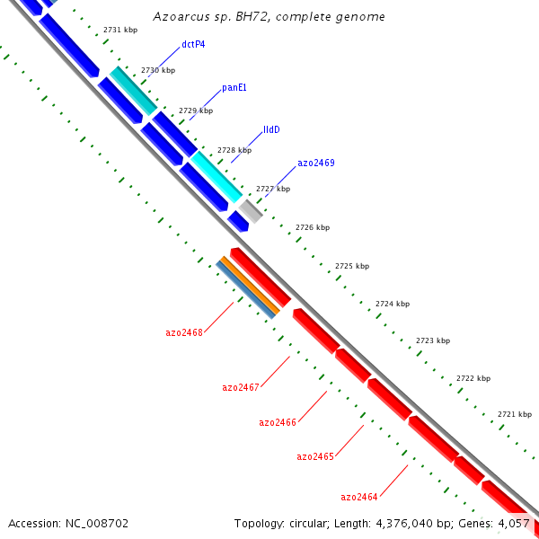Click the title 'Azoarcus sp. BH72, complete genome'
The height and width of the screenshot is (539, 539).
coord(269,17)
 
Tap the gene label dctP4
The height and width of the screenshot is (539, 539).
coord(193,44)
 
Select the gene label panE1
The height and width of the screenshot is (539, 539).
coord(234,88)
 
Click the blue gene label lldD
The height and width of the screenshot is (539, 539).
coord(271,129)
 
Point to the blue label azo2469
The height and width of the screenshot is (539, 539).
coord(315,163)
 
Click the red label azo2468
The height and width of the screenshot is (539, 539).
coord(184,332)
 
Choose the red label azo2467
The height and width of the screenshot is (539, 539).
coord(241,387)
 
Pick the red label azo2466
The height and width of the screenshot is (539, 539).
coord(278,422)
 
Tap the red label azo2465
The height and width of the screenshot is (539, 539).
coord(315,457)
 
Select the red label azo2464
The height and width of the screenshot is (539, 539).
coord(359,497)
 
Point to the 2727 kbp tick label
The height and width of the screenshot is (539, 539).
coord(273,189)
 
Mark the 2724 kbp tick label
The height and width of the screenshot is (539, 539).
coord(393,304)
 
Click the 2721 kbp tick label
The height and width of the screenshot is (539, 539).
coord(515,414)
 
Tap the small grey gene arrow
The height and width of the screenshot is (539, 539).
coord(251,211)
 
